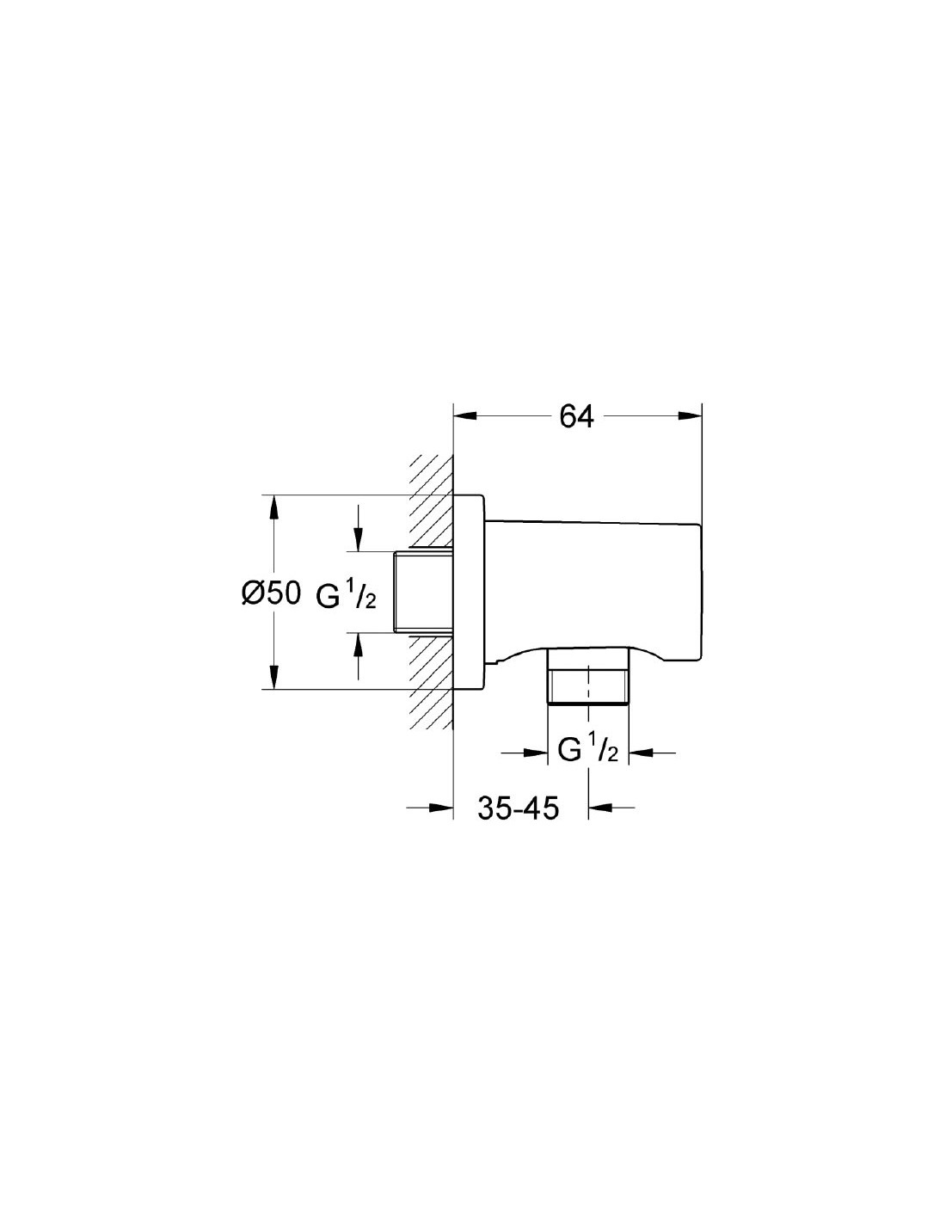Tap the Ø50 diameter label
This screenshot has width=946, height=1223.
271,593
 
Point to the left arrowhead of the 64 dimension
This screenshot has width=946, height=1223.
465,416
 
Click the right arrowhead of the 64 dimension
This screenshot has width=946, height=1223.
690,416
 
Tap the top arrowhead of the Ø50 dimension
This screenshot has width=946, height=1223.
273,507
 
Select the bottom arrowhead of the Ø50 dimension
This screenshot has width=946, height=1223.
273,677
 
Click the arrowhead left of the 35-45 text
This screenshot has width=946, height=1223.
441,808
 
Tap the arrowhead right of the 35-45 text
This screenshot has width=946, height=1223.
600,808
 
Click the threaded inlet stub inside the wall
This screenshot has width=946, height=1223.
423,592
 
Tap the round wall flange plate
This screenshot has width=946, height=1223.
468,592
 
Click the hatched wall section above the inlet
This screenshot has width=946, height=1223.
432,501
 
